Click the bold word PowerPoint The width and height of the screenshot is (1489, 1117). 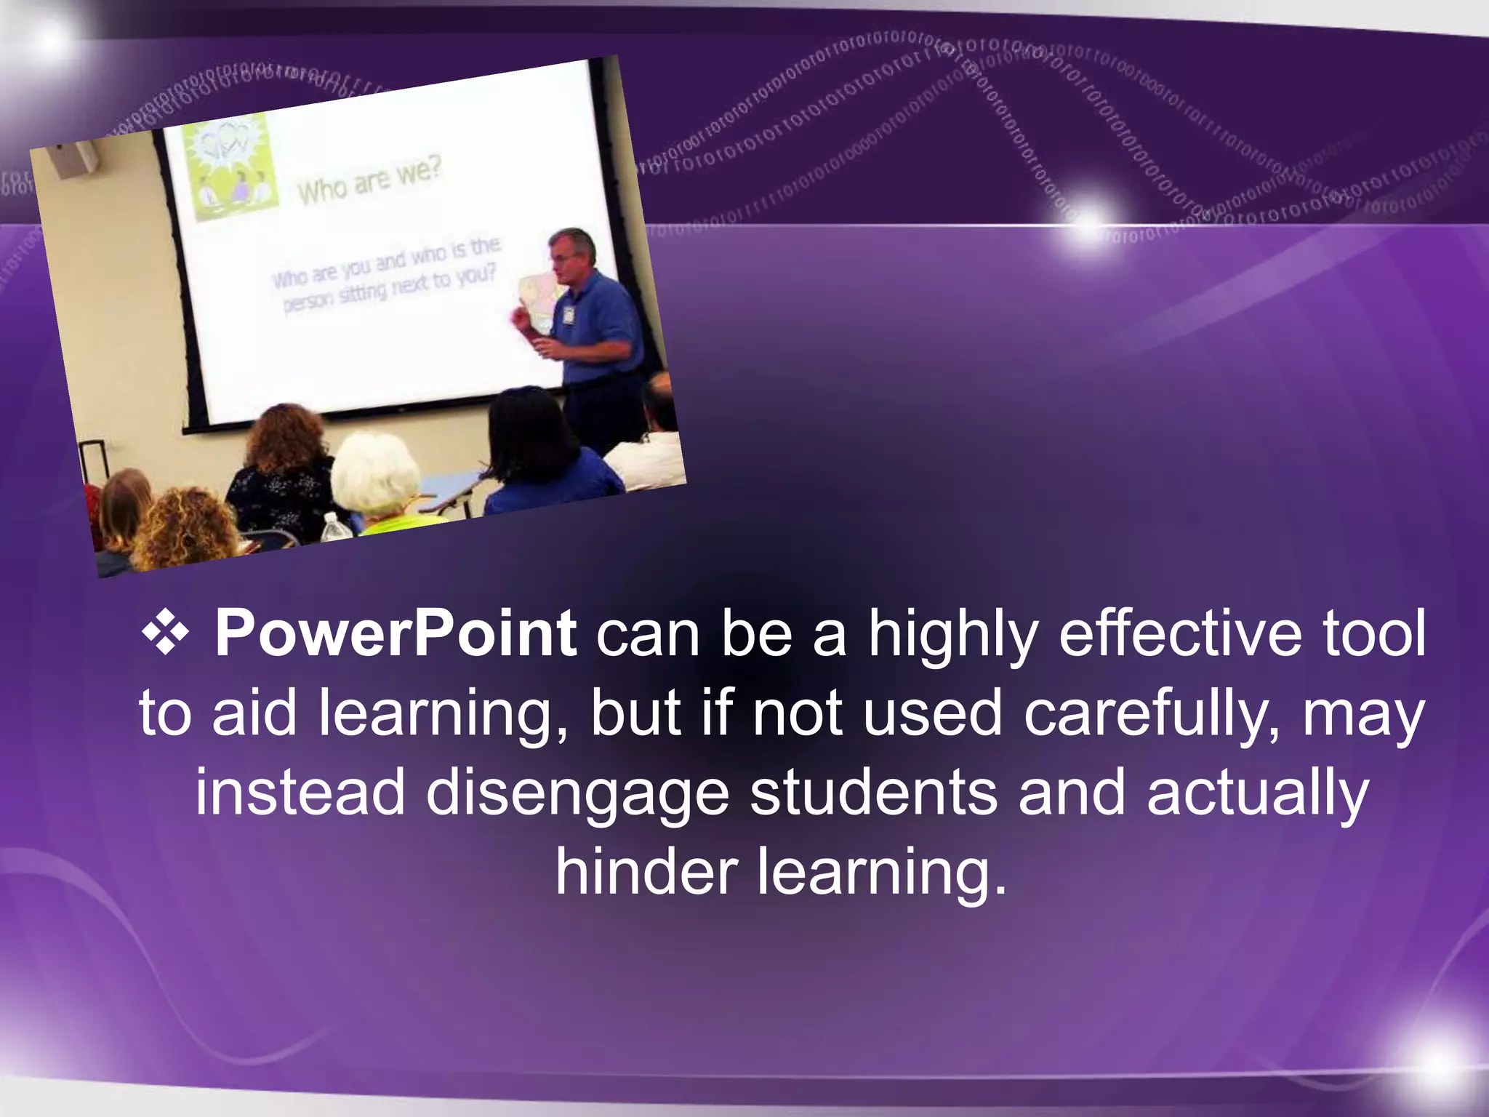pos(396,634)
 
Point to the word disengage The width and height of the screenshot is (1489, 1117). pos(577,794)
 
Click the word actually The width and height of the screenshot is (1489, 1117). pos(1258,794)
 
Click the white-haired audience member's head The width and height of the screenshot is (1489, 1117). pos(374,473)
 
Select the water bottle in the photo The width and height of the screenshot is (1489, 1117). pos(333,529)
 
